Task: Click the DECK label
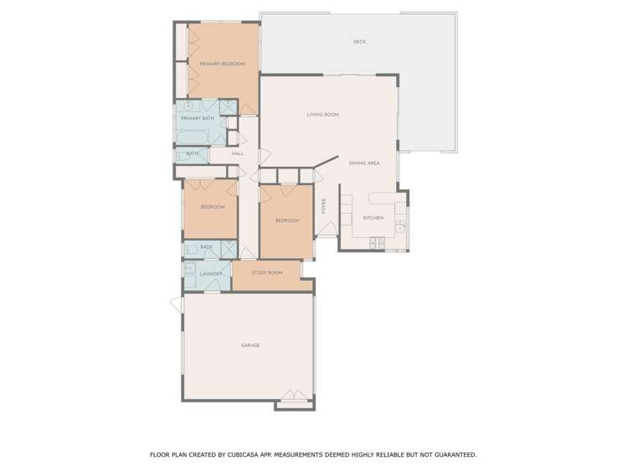tap(359, 42)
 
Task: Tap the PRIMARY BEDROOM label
tap(222, 65)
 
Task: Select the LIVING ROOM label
tap(322, 115)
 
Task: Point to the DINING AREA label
tap(364, 163)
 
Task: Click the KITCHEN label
tap(373, 218)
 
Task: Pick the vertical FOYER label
tap(324, 206)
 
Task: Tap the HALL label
tap(238, 154)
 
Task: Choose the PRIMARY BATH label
tap(197, 119)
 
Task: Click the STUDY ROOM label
tap(267, 273)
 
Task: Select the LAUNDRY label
tap(211, 274)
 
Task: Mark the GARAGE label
tap(249, 345)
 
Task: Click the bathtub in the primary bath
tap(194, 137)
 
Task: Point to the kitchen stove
tap(377, 243)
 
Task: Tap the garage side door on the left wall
tap(177, 304)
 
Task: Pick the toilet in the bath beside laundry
tap(190, 249)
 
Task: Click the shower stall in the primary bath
tap(227, 107)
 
